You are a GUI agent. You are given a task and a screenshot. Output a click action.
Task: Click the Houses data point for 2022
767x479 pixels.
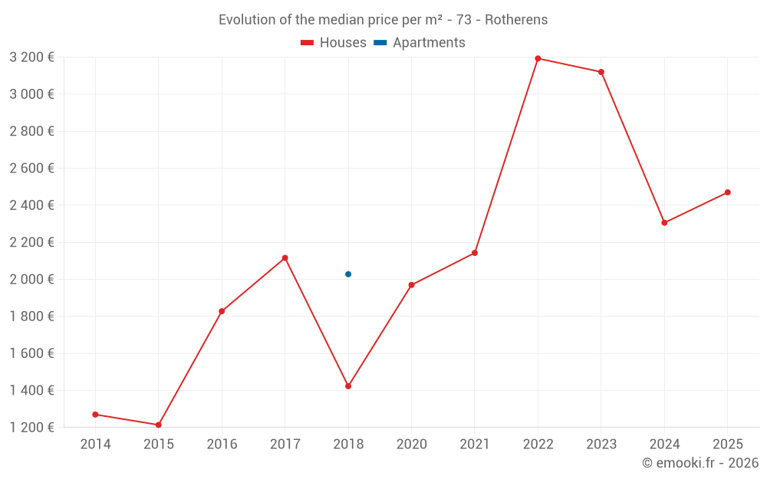click(538, 58)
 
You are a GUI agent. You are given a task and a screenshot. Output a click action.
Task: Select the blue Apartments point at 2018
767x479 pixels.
click(348, 274)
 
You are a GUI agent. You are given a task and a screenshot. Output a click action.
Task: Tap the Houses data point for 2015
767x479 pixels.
click(159, 425)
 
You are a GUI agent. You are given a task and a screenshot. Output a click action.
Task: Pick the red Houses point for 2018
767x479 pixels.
click(348, 386)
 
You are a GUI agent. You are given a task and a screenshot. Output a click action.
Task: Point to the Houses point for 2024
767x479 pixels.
click(664, 223)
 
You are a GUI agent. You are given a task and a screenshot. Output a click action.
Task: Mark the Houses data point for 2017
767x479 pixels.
click(285, 258)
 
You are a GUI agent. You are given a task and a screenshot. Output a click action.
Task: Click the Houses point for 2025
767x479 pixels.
click(727, 192)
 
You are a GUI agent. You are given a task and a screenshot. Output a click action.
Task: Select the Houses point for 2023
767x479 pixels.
click(601, 72)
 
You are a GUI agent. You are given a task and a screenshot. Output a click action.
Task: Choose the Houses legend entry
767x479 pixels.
click(334, 43)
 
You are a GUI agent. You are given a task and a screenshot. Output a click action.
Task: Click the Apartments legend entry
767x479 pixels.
click(420, 43)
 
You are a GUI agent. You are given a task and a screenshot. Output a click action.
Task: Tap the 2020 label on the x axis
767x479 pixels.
click(411, 445)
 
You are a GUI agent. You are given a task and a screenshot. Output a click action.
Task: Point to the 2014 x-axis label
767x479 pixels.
click(95, 445)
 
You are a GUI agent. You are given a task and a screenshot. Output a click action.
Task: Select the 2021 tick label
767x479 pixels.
click(475, 445)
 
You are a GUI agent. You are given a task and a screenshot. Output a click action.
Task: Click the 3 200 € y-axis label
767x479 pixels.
click(31, 57)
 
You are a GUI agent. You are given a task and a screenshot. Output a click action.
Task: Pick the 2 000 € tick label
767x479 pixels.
click(31, 280)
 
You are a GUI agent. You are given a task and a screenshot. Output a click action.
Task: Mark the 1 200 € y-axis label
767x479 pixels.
click(31, 428)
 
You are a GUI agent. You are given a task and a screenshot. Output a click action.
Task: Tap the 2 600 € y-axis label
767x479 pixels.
click(31, 169)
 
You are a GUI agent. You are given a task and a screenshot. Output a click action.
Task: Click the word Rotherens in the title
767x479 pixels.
click(516, 20)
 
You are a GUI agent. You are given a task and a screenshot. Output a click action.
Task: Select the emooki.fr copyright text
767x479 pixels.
click(700, 463)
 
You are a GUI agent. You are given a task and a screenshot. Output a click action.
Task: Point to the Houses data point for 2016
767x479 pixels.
click(222, 311)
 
